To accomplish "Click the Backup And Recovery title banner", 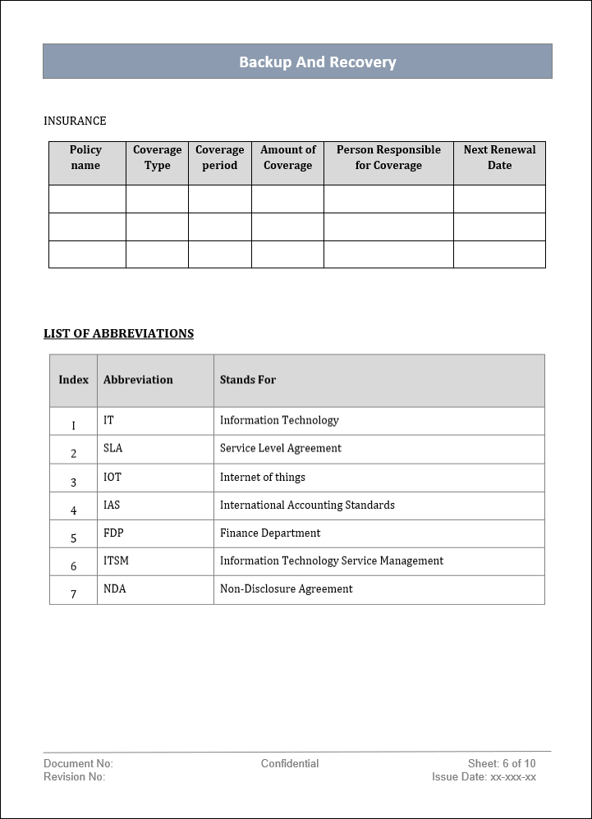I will (317, 62).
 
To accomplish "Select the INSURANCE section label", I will (75, 121).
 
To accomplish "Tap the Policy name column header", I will (85, 158).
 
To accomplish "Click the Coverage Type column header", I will (157, 158).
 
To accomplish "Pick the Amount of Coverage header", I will (287, 158).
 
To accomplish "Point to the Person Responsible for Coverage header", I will (388, 158).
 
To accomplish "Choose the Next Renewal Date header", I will (499, 158).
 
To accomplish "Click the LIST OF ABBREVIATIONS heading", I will (118, 333).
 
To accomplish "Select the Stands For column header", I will (248, 380).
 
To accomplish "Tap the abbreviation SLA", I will (112, 448).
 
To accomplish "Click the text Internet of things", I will (263, 477).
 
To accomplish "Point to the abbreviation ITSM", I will (116, 560).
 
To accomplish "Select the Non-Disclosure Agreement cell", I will (287, 588).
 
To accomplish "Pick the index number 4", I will (73, 510).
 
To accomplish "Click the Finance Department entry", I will (270, 533).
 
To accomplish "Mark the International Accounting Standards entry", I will (307, 505).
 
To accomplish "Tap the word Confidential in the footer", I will (290, 763).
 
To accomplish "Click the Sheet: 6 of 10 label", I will (502, 763).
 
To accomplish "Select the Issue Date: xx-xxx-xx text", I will (484, 776).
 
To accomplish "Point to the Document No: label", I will (78, 763).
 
